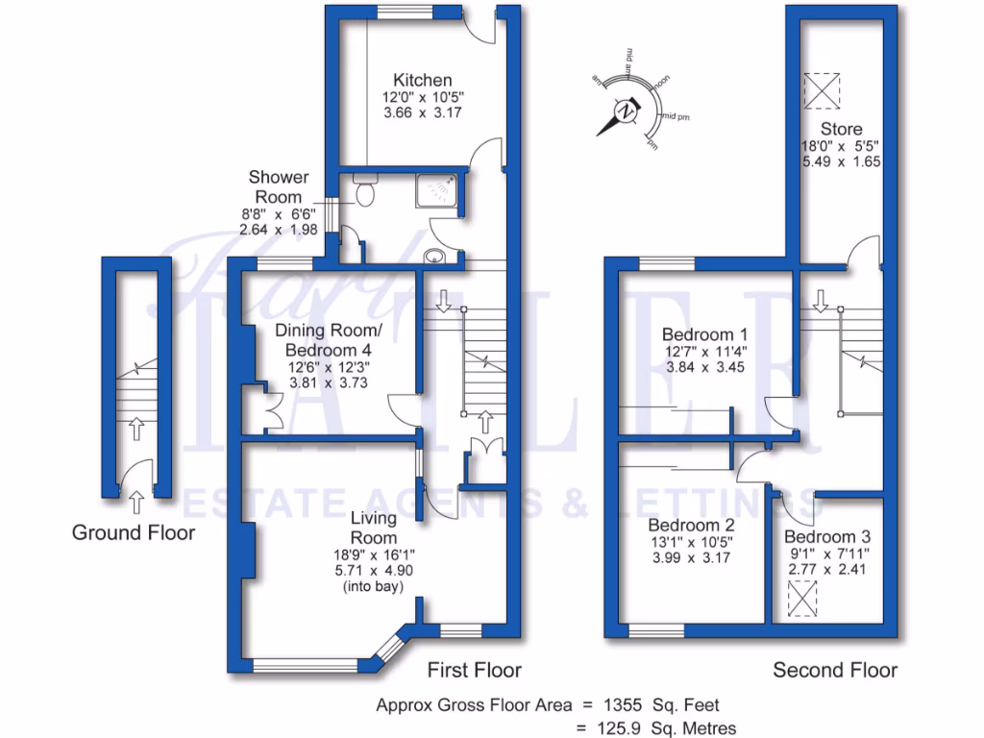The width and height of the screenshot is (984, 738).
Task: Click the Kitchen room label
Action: [x=422, y=80]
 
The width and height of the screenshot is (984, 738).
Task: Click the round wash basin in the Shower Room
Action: [x=435, y=256]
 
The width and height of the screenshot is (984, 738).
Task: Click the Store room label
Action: [x=841, y=129]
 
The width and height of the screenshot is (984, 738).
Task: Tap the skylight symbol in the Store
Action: [x=823, y=91]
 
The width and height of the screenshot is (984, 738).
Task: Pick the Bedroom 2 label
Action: [x=692, y=526]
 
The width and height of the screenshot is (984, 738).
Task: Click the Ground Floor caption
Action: [x=134, y=532]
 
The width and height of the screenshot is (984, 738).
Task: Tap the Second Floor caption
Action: [x=835, y=670]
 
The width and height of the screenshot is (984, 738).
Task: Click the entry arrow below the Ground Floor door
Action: [x=136, y=500]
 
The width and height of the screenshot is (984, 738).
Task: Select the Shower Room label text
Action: [x=279, y=185]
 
